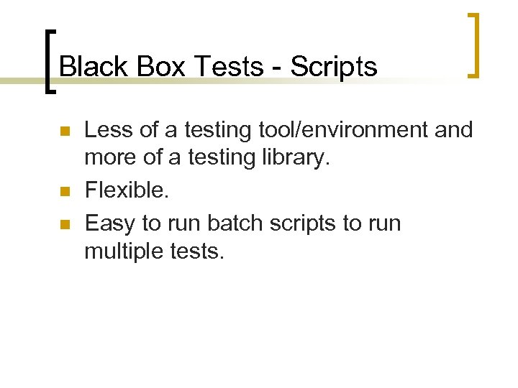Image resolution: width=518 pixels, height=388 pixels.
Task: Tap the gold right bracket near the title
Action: click(473, 45)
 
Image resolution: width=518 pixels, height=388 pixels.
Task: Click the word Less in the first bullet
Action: click(108, 130)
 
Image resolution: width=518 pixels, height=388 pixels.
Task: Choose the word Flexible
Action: click(125, 190)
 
